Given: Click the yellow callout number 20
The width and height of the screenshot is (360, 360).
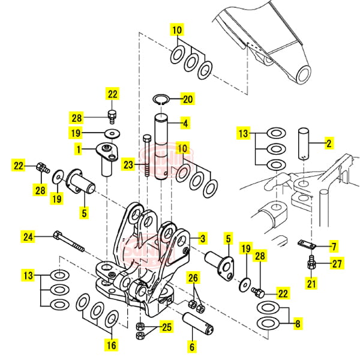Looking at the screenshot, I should [188, 99].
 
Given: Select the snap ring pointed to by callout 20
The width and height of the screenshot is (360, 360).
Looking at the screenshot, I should [160, 99].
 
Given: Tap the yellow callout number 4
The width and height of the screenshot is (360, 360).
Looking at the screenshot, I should [185, 124].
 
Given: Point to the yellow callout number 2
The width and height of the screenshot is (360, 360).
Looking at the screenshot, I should [328, 143].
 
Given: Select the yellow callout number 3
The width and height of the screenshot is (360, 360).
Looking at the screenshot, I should [203, 239].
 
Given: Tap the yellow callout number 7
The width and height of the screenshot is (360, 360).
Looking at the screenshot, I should [334, 246].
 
